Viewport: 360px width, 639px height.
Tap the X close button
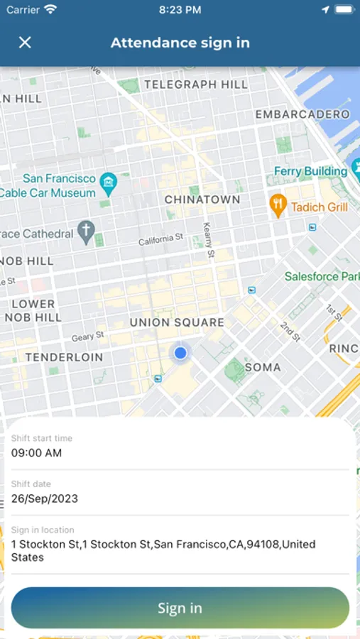pyautogui.click(x=25, y=43)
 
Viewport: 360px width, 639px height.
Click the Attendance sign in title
pyautogui.click(x=180, y=43)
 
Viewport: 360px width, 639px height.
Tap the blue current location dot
pyautogui.click(x=180, y=352)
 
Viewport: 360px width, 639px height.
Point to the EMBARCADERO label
pyautogui.click(x=302, y=114)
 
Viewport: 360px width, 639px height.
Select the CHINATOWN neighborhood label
pyautogui.click(x=202, y=200)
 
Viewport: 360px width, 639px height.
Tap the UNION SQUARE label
pyautogui.click(x=177, y=322)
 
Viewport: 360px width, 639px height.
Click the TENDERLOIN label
pyautogui.click(x=64, y=357)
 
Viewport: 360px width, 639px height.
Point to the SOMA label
pyautogui.click(x=263, y=367)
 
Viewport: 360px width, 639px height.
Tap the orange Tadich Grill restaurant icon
pyautogui.click(x=278, y=207)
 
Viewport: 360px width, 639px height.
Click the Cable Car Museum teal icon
pyautogui.click(x=108, y=184)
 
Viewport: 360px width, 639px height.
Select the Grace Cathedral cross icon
pyautogui.click(x=86, y=233)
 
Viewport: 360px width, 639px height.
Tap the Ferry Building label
pyautogui.click(x=311, y=171)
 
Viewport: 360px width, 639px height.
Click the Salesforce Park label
pyautogui.click(x=322, y=275)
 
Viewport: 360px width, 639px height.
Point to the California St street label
pyautogui.click(x=160, y=240)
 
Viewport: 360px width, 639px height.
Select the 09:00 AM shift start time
pyautogui.click(x=36, y=453)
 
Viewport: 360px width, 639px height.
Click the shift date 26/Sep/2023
pyautogui.click(x=44, y=498)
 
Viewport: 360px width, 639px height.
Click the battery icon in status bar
pyautogui.click(x=343, y=10)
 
